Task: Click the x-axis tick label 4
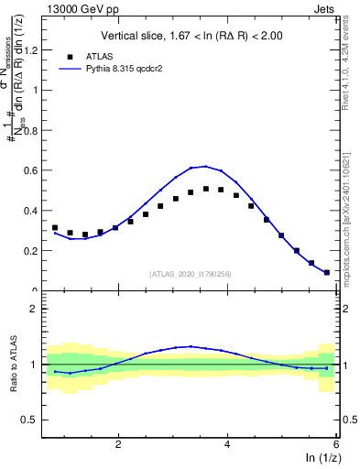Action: (227, 443)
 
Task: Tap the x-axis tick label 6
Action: (336, 443)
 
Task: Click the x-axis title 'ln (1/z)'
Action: (320, 458)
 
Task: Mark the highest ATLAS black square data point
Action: (206, 189)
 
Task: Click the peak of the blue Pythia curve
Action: (206, 166)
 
